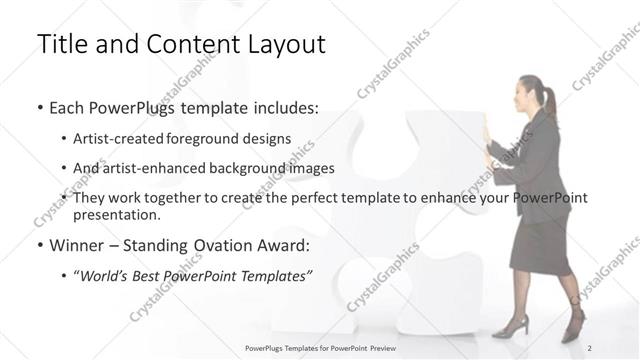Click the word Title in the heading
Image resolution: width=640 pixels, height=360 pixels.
pos(60,45)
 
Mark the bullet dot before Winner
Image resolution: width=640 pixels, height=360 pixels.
pos(39,244)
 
